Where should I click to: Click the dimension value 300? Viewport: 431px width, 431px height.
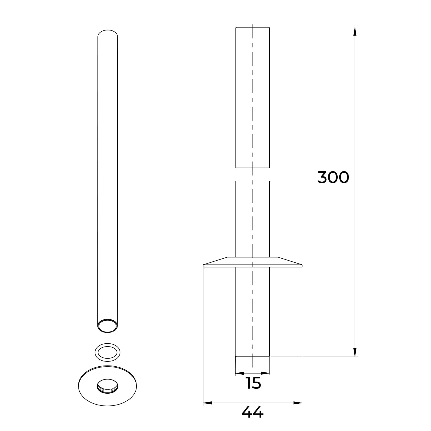coord(333,177)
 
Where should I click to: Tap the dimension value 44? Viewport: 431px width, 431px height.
coord(252,413)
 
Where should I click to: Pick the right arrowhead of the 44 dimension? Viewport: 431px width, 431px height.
coord(298,403)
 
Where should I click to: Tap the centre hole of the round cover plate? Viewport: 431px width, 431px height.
coord(107,386)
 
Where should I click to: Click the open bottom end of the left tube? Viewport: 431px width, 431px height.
coord(108,326)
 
